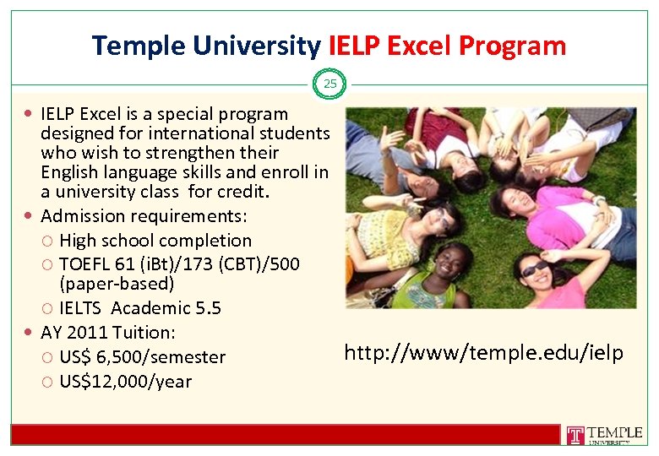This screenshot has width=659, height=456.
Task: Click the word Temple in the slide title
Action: (136, 46)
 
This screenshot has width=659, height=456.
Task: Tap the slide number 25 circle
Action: (329, 84)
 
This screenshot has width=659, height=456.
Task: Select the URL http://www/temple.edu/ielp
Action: (484, 353)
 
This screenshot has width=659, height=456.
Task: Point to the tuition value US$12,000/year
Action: (126, 382)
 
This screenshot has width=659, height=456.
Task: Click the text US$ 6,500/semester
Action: (142, 357)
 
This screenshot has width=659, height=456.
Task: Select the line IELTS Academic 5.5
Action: (140, 308)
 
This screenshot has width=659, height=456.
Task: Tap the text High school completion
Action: (155, 241)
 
